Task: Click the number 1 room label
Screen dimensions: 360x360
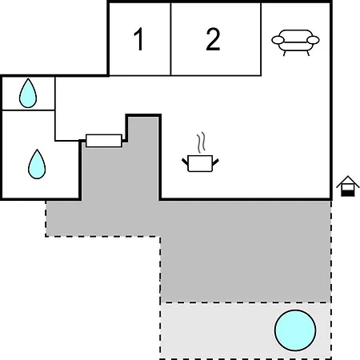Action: [139, 39]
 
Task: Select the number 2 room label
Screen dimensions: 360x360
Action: [213, 39]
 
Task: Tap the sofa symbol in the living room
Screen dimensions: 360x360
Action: [295, 42]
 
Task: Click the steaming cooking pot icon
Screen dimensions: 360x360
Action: [200, 153]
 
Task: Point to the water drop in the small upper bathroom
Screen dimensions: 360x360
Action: [28, 94]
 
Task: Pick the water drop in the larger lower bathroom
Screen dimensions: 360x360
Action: [37, 165]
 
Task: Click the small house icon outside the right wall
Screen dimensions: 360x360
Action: [348, 186]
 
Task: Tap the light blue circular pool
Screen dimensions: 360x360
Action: [295, 330]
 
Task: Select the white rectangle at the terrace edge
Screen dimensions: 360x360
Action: [104, 141]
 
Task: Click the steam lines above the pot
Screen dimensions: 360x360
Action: [202, 142]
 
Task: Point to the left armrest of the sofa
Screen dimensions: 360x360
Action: [278, 40]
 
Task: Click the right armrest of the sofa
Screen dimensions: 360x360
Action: [313, 40]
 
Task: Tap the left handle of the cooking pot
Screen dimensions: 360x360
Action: [185, 162]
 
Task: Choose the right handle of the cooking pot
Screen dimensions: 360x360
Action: [215, 162]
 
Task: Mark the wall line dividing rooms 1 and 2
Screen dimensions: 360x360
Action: [170, 39]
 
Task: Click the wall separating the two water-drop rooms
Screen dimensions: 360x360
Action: [28, 110]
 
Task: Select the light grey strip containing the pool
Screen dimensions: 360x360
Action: [246, 330]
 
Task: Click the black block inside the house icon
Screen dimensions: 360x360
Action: [348, 194]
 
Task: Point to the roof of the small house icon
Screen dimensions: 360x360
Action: [348, 182]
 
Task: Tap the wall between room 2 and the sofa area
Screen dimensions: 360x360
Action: [261, 39]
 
